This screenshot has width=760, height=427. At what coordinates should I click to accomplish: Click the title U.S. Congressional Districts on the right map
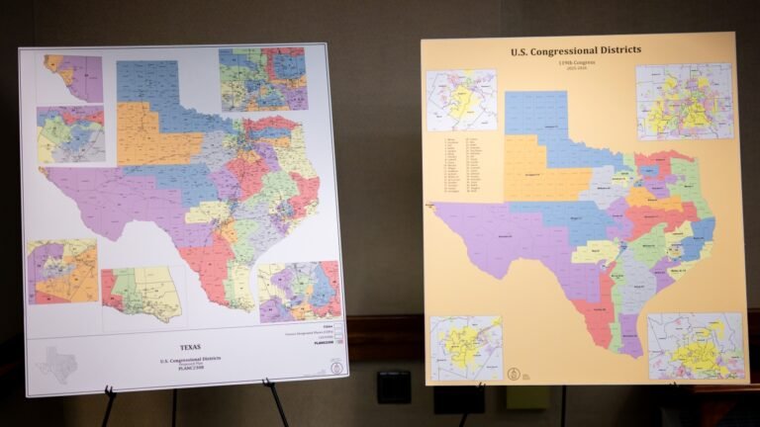point(575,50)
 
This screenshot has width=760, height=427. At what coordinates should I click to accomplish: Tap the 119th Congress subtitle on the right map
point(575,62)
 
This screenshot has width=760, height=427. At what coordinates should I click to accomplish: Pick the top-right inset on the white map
point(262,78)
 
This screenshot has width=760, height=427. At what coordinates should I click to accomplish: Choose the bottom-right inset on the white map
point(299,291)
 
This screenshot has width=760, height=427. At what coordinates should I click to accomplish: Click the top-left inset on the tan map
point(461,100)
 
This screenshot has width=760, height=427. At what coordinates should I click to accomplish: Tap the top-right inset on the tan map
point(684,101)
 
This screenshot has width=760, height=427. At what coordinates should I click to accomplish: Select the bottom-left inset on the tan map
point(465,348)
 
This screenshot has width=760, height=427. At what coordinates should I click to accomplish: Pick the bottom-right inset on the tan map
point(696,345)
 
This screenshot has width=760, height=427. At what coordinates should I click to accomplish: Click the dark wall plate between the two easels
point(393,386)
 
